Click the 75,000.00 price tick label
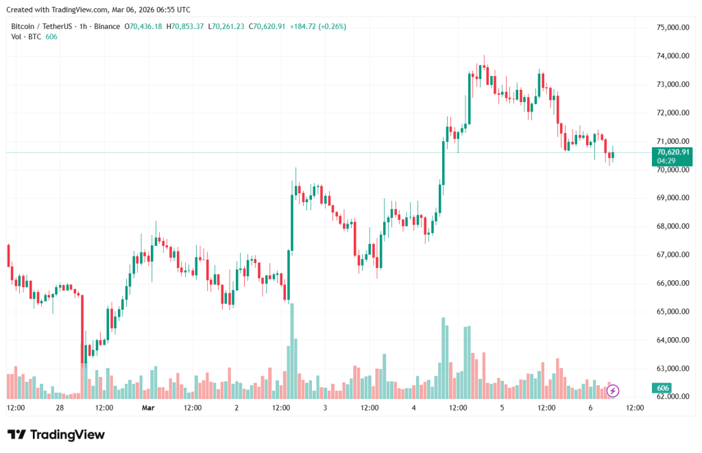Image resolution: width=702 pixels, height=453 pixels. click(672, 27)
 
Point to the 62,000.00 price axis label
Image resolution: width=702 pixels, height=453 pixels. click(672, 397)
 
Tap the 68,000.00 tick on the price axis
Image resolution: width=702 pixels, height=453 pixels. click(672, 226)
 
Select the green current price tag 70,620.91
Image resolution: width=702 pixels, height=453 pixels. click(673, 152)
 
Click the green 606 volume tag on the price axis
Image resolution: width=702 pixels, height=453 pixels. click(663, 388)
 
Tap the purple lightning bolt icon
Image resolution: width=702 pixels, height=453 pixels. click(613, 391)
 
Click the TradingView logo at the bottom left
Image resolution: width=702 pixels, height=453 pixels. click(56, 434)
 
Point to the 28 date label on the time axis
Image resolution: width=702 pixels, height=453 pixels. click(60, 408)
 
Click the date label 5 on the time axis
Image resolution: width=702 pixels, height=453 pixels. click(502, 408)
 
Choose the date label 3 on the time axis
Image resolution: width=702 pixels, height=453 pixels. click(325, 408)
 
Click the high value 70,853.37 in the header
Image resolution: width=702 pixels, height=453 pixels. click(188, 26)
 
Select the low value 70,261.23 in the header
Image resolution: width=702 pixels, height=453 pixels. click(229, 26)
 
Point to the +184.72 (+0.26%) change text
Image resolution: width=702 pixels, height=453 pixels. click(318, 26)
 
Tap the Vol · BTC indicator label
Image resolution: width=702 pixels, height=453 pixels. click(26, 36)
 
